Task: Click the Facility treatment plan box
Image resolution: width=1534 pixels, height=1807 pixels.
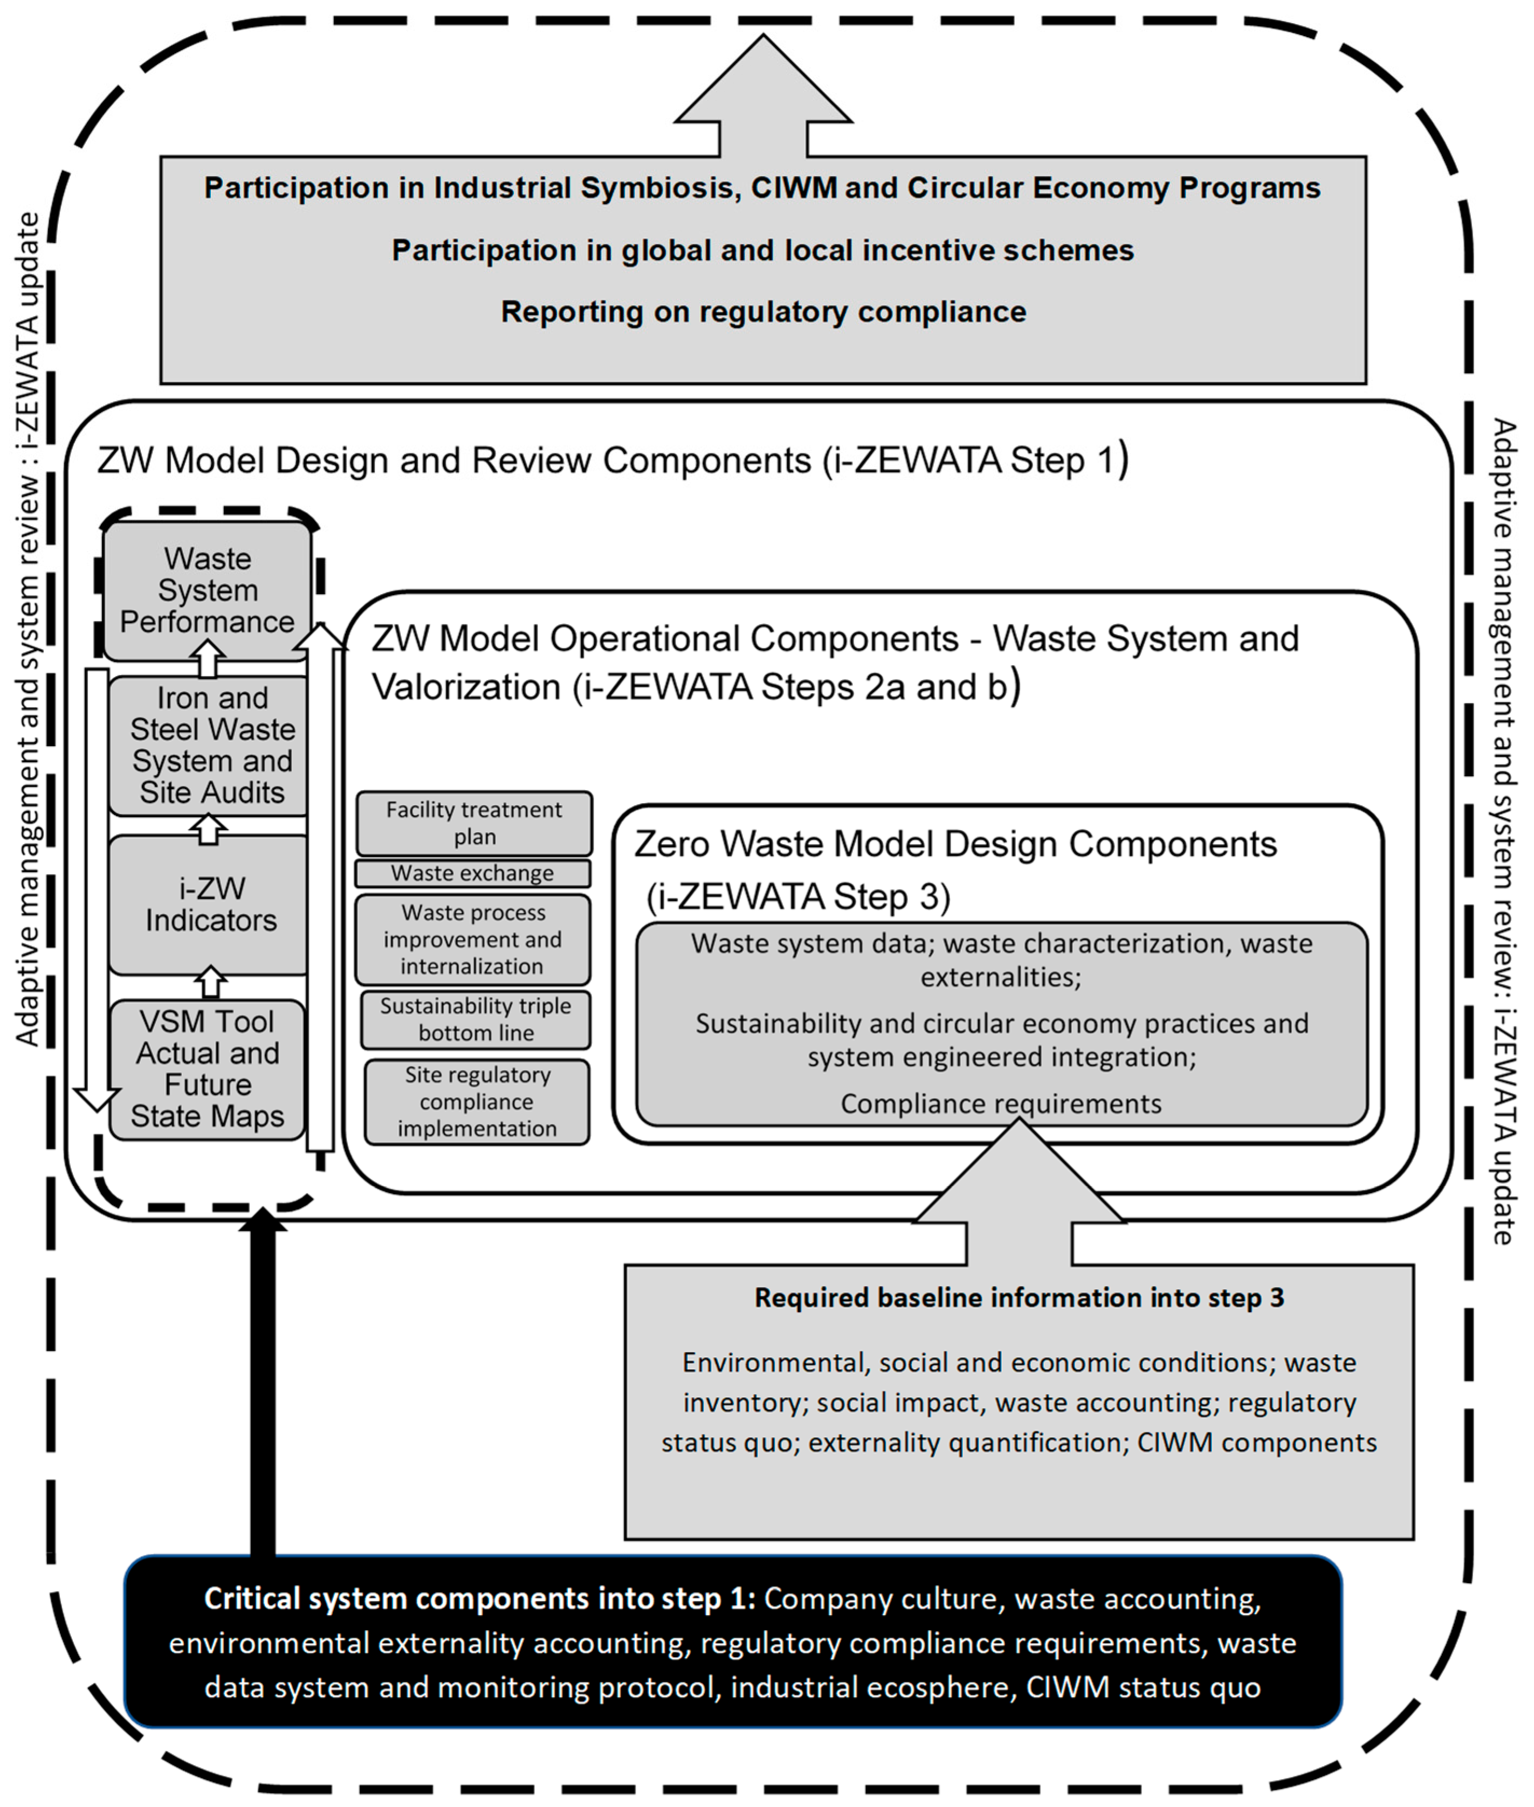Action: [474, 823]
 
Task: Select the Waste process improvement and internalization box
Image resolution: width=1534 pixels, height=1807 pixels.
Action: [472, 939]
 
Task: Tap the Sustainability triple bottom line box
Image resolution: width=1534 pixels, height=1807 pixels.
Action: [476, 1019]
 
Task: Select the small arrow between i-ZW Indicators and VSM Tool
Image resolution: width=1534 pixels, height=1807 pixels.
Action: [210, 983]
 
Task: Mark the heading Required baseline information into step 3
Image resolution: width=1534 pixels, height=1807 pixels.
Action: [1019, 1298]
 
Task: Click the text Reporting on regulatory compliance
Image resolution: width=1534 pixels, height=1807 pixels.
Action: [762, 311]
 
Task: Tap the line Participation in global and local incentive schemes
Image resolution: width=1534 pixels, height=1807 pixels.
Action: [762, 251]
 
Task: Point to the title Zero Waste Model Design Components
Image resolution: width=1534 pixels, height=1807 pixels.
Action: [955, 844]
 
